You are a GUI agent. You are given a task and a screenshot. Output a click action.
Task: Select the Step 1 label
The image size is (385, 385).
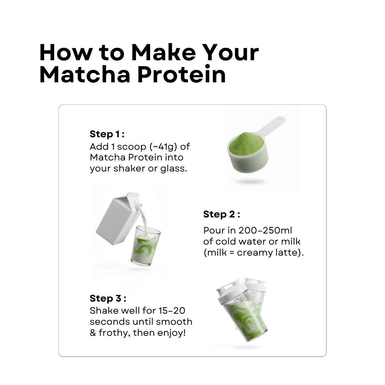(107, 134)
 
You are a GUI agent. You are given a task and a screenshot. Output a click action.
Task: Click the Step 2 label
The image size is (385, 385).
(221, 214)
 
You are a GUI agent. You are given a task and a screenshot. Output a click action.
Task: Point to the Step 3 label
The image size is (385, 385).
(108, 298)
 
